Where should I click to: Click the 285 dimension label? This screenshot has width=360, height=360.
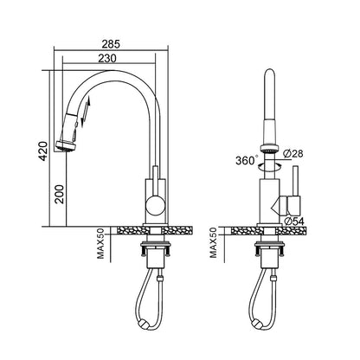(111, 44)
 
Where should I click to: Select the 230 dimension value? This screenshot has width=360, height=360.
(107, 58)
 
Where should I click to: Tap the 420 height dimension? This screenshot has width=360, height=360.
(43, 151)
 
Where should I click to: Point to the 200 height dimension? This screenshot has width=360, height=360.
(60, 195)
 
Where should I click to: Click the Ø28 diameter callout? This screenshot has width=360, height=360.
(293, 154)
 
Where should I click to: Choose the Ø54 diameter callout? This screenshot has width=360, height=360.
(293, 222)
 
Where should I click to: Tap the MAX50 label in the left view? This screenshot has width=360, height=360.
(100, 243)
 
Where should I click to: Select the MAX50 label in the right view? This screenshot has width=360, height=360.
(213, 242)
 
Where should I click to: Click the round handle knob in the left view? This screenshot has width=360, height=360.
(156, 205)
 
